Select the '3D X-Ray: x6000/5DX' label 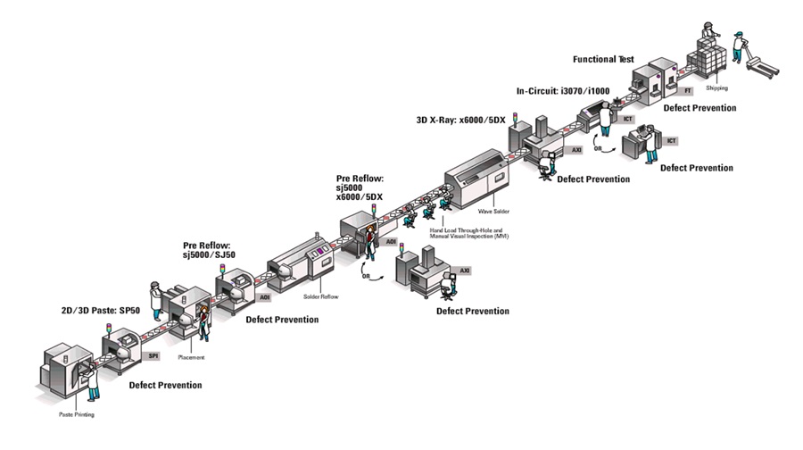[460, 119]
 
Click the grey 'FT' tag [687, 91]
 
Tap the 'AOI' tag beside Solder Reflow [264, 296]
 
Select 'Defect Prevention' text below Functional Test [699, 108]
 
